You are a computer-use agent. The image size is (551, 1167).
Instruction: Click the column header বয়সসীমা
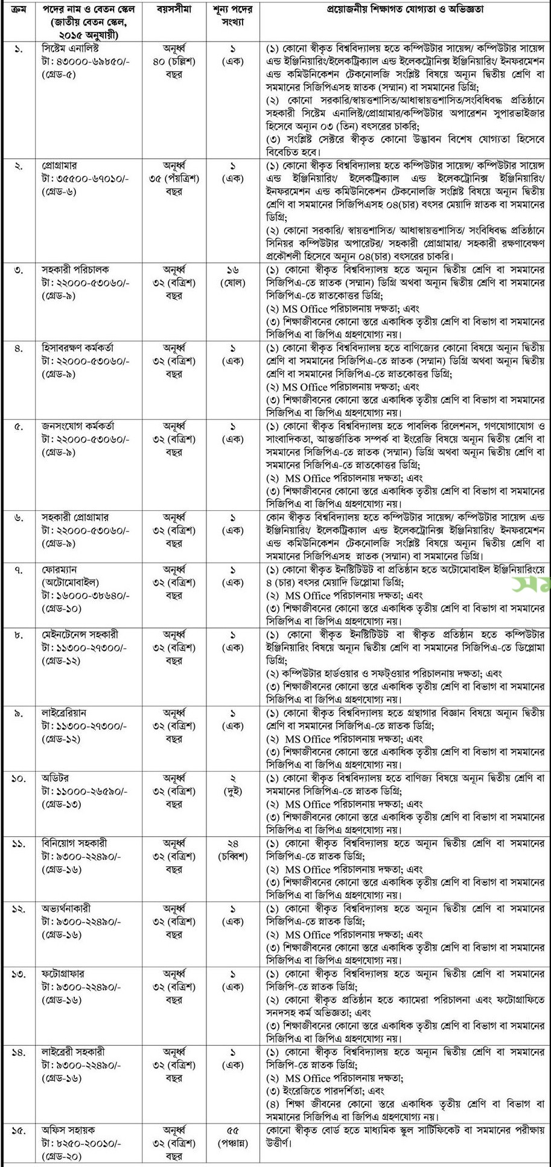pos(172,10)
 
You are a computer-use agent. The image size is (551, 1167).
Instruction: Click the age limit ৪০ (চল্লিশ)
pos(172,61)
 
